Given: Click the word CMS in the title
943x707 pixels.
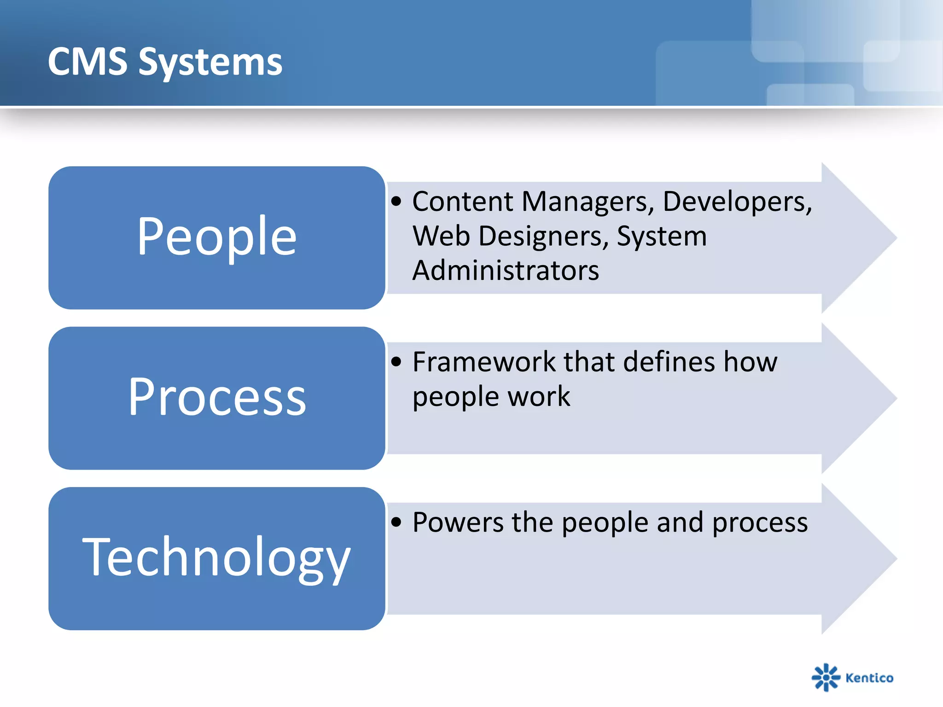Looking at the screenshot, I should pos(87,62).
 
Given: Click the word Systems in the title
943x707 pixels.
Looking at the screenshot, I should pos(210,64).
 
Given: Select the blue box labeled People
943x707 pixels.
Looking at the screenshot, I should pos(216,238).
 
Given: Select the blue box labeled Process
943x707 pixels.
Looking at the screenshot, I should pos(216,398).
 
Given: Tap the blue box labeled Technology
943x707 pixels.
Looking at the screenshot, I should pos(216,558).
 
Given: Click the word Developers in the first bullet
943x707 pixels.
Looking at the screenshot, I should pos(737,202).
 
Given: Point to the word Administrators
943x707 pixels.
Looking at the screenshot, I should pos(506,270).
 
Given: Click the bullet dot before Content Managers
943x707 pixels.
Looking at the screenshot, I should pos(396,201).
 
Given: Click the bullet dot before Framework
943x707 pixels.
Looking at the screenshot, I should pos(396,362).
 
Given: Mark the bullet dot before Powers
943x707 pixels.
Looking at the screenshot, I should pos(396,522).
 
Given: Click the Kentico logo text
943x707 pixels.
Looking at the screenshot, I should pos(869,678).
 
